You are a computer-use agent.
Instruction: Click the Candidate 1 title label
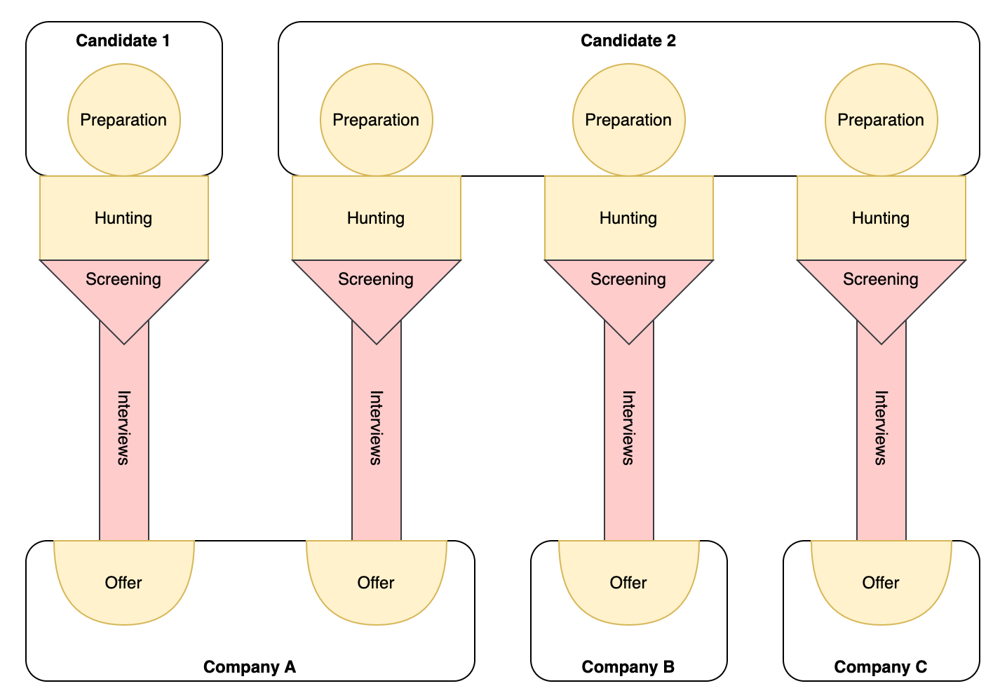(x=123, y=41)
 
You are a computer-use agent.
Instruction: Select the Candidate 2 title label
(x=628, y=41)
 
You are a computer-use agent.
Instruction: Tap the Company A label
(x=249, y=666)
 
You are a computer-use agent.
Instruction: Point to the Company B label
(x=628, y=666)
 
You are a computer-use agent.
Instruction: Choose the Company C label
(x=880, y=666)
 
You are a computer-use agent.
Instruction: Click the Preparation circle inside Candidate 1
(x=123, y=120)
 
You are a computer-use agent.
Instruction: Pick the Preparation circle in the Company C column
(x=881, y=120)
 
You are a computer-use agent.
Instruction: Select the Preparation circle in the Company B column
(x=628, y=120)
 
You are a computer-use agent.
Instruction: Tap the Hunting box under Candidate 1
(x=123, y=218)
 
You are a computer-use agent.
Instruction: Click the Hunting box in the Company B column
(x=628, y=218)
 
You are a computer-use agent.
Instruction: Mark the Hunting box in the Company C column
(x=881, y=218)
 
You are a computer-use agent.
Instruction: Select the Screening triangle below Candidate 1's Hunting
(x=123, y=288)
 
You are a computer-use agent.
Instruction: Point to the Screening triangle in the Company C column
(x=881, y=288)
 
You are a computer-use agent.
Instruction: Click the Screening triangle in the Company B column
(x=628, y=288)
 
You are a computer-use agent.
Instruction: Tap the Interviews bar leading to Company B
(x=628, y=435)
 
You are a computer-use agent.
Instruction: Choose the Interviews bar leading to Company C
(x=881, y=435)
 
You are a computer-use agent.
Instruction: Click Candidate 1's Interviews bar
(x=123, y=435)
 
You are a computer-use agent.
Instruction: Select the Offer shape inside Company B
(x=628, y=582)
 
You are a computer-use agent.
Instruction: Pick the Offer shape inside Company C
(x=881, y=582)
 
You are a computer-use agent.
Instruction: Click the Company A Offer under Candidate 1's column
(x=123, y=582)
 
